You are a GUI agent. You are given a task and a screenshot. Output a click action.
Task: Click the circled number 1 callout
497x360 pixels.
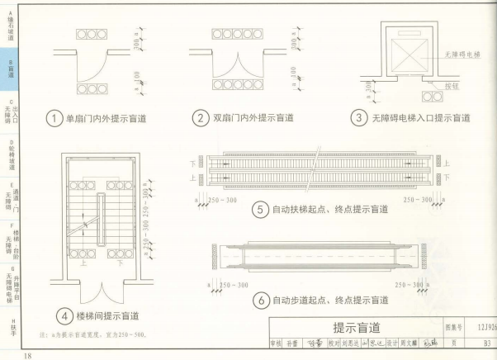pyautogui.click(x=54, y=118)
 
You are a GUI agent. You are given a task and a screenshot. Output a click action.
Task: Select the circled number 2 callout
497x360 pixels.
pyautogui.click(x=200, y=118)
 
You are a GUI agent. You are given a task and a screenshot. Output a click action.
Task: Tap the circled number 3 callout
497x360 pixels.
pyautogui.click(x=359, y=118)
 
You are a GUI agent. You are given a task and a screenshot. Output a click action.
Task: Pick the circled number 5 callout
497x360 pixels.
pyautogui.click(x=260, y=211)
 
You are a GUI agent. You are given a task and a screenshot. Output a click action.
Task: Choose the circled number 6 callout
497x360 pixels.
pyautogui.click(x=260, y=299)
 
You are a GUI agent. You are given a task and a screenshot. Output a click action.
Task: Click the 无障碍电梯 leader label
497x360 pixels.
pyautogui.click(x=461, y=54)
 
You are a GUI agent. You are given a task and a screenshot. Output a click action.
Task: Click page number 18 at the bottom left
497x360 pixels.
pyautogui.click(x=28, y=354)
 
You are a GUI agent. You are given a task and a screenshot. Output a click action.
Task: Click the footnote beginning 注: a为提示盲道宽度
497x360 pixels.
pyautogui.click(x=92, y=335)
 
